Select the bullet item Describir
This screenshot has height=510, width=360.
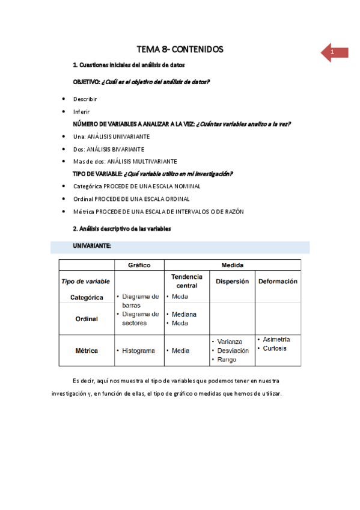[x=85, y=99]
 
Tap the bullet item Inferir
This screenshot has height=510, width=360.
[x=82, y=112]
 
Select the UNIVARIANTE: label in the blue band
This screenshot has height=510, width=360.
[x=92, y=247]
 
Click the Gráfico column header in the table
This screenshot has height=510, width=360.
[x=139, y=265]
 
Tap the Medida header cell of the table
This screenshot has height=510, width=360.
[x=232, y=265]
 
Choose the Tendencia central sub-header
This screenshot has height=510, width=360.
[x=187, y=281]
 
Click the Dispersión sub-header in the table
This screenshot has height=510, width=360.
[x=232, y=281]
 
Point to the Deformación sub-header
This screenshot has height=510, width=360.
[x=278, y=281]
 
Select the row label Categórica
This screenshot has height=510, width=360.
[x=87, y=298]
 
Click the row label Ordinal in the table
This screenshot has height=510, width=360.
[x=87, y=319]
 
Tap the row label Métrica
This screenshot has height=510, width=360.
[x=87, y=351]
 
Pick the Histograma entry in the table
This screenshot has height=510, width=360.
[x=140, y=351]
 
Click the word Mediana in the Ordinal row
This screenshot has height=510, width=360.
[x=184, y=315]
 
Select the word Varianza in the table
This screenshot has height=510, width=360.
[x=230, y=342]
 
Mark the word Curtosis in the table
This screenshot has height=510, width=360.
[x=275, y=348]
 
